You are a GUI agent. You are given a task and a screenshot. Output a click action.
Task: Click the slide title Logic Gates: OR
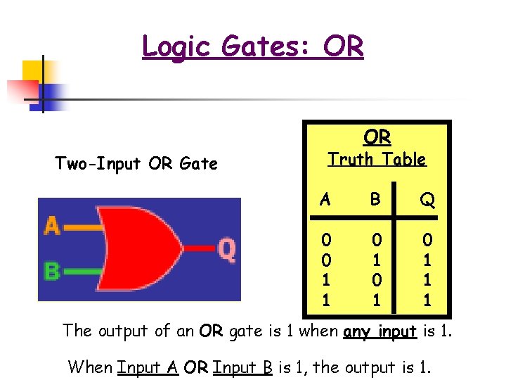click(253, 46)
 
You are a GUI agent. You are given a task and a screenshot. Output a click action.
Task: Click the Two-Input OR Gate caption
click(136, 164)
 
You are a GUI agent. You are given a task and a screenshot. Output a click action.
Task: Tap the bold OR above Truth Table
click(377, 137)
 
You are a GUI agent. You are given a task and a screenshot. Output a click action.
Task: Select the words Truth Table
click(377, 159)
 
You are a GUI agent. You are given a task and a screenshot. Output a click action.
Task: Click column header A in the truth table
click(325, 200)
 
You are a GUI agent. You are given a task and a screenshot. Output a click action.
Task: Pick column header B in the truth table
click(376, 200)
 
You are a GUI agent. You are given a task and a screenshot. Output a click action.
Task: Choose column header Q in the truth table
click(427, 201)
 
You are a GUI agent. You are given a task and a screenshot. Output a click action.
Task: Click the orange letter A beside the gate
click(52, 226)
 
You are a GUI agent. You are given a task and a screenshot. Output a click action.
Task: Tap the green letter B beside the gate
click(52, 271)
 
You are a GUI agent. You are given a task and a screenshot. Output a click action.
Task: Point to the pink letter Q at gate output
click(226, 249)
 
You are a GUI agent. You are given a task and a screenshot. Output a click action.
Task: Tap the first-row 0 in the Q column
click(427, 241)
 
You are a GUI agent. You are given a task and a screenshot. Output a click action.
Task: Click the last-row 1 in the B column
click(376, 300)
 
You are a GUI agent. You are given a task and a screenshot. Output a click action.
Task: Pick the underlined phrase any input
click(380, 330)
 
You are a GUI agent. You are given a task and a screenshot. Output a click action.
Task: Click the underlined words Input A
click(148, 367)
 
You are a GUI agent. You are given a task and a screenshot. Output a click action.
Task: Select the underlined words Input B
click(242, 367)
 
